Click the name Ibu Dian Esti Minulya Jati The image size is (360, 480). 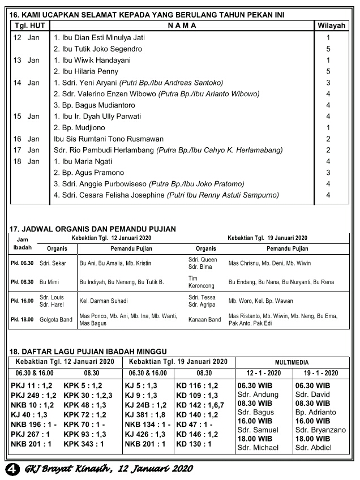coord(99,38)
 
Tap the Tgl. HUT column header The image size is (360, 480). coord(30,25)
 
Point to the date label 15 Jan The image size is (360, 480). coord(26,117)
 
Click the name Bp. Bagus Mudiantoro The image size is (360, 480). coord(95,105)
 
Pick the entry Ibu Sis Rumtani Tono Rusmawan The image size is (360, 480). coord(108,139)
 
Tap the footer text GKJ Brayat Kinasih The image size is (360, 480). coord(65,469)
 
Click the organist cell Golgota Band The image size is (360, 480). coord(56,320)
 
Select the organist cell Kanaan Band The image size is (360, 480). coord(205,320)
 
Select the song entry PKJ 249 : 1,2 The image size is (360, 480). coord(33,395)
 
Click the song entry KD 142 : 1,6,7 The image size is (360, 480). coord(200,405)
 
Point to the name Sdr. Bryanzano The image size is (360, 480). coord(320,430)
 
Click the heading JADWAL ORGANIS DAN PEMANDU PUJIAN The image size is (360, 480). coord(93,229)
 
